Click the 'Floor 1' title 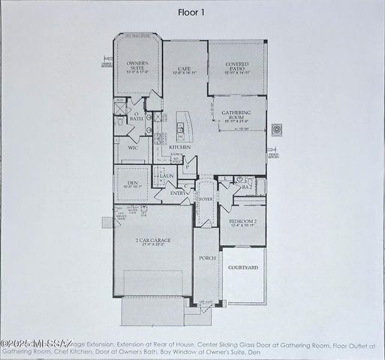192,12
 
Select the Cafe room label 184,69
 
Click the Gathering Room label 236,117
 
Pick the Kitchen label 179,148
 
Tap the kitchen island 182,124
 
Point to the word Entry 179,193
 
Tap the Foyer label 205,199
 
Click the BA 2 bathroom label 245,187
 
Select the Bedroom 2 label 245,223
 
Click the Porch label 207,258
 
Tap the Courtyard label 243,267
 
